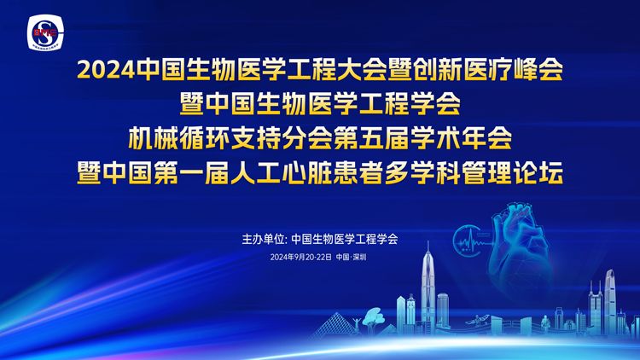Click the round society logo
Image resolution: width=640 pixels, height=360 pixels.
(45, 32)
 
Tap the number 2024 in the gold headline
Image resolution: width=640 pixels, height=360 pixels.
(106, 70)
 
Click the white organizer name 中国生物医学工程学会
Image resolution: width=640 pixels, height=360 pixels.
(345, 239)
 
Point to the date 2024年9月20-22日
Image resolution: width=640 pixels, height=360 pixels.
(301, 257)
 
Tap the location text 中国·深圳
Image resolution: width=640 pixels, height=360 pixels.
(351, 257)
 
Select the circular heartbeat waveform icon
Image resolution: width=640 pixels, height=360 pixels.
(470, 241)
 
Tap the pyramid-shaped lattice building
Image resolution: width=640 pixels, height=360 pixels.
(335, 325)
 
